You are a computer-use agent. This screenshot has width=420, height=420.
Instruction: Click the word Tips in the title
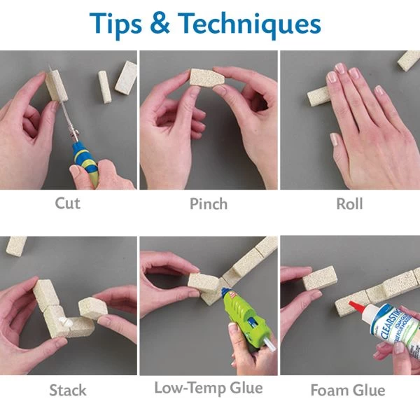click(x=115, y=24)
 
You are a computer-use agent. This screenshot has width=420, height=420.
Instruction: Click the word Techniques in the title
click(x=249, y=24)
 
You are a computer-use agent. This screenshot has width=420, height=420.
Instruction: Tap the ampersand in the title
click(x=160, y=23)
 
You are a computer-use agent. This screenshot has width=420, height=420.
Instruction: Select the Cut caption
click(x=67, y=203)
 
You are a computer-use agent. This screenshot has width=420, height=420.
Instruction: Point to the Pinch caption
click(x=209, y=204)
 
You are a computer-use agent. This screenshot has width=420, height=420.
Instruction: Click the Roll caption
click(x=349, y=204)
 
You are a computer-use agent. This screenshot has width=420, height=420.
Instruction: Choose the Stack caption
click(x=68, y=390)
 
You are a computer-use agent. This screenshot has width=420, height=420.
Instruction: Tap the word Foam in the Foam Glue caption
click(x=330, y=390)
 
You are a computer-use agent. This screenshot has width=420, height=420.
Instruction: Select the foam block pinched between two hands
click(x=207, y=78)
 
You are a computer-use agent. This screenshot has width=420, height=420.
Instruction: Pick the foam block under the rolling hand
click(x=318, y=96)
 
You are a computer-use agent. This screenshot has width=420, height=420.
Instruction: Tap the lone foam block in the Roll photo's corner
click(x=409, y=60)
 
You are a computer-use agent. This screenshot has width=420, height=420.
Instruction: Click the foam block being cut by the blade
click(x=56, y=85)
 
